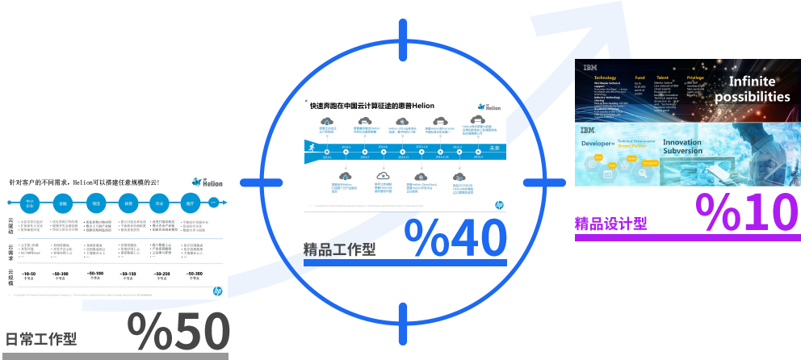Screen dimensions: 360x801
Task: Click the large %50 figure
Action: click(x=178, y=330)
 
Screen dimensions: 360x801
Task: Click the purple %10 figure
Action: click(x=747, y=212)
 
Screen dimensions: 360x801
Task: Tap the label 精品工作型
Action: click(x=339, y=249)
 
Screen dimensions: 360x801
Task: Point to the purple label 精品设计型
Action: click(x=610, y=224)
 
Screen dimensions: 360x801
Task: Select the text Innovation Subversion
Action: click(x=682, y=147)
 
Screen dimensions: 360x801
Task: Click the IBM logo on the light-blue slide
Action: click(x=587, y=131)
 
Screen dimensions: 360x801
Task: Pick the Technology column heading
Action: click(x=605, y=78)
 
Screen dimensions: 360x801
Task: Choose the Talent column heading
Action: click(x=662, y=78)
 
